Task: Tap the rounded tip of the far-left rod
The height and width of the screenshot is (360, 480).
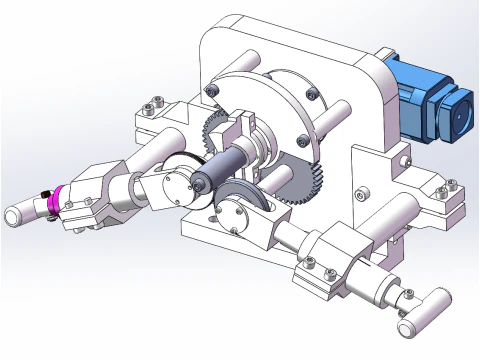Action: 15,214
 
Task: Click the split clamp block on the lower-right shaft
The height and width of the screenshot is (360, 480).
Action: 330,262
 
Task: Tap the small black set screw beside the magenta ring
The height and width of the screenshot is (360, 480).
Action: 45,193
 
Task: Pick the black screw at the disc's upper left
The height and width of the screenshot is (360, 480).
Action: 211,91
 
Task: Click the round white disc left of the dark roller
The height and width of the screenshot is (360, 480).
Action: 179,179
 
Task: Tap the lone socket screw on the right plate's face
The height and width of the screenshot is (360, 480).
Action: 364,188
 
